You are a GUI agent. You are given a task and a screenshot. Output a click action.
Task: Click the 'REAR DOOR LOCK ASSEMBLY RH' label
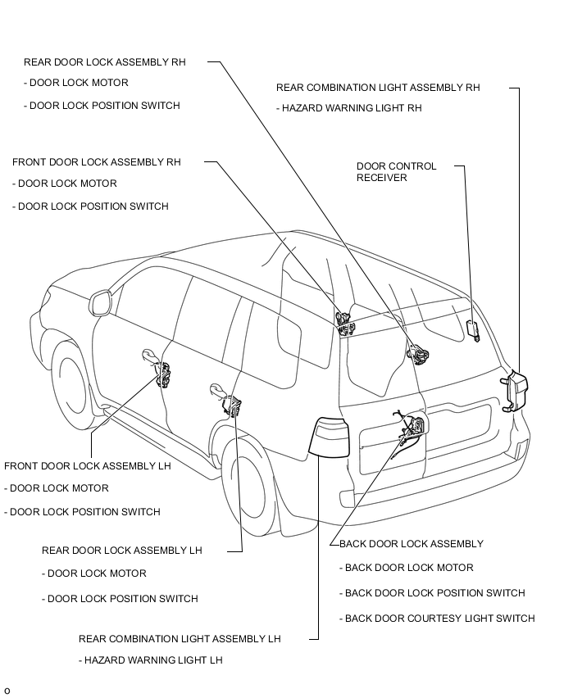click(x=105, y=62)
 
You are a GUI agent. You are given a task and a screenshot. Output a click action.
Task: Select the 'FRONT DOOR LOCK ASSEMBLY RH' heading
click(x=97, y=162)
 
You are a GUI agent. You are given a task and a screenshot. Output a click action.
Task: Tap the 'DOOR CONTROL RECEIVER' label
click(x=397, y=172)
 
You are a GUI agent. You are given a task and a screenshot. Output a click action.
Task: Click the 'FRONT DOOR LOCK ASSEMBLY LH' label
click(x=88, y=466)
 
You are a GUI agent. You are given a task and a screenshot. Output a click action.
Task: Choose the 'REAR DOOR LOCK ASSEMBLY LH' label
click(x=122, y=551)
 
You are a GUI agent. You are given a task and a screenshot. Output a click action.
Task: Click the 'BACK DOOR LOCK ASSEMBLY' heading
click(x=412, y=544)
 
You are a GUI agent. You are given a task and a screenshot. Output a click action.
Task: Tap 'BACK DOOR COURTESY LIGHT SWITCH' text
click(x=437, y=619)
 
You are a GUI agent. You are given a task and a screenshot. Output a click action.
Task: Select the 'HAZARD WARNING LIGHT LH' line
click(x=151, y=660)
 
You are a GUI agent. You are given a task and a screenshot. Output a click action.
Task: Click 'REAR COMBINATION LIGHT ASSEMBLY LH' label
click(x=180, y=639)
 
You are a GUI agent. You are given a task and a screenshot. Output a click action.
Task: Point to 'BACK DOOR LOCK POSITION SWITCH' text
click(x=432, y=593)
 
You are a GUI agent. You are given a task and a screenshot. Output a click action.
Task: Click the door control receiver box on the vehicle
click(x=472, y=330)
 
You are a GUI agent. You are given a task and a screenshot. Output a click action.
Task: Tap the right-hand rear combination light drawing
click(x=515, y=391)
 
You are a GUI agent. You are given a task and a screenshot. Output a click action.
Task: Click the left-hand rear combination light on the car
click(x=329, y=437)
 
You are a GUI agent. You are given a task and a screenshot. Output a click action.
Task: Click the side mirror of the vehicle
click(x=100, y=302)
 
